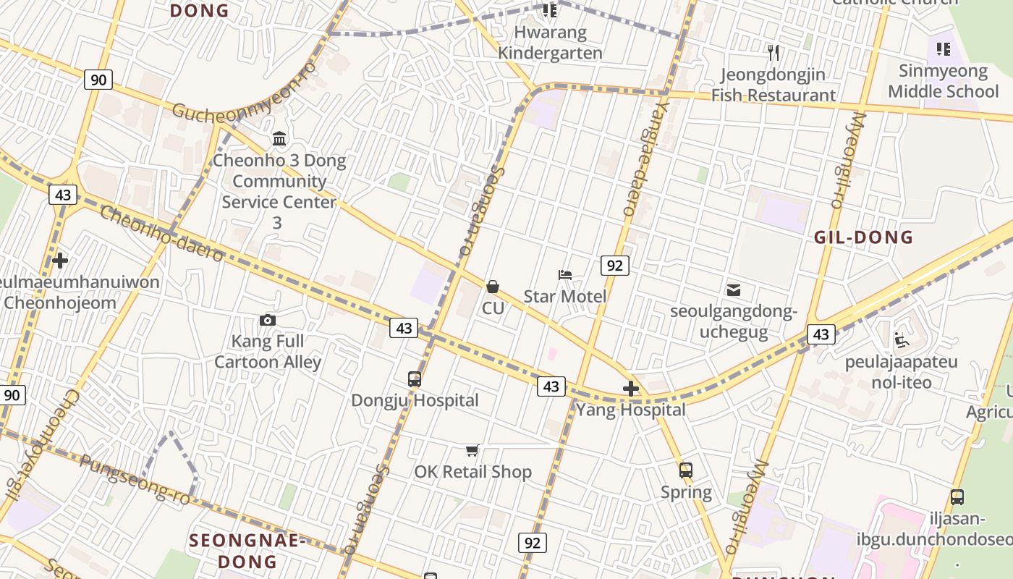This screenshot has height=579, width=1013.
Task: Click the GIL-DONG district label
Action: (x=863, y=237)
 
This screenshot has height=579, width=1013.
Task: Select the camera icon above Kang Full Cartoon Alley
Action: (x=267, y=320)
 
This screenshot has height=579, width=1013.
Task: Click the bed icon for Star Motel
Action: (x=565, y=275)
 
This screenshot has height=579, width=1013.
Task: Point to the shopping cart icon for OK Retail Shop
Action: (x=472, y=451)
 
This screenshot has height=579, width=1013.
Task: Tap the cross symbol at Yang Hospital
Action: (x=631, y=389)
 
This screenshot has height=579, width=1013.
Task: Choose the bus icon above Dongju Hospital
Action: (x=415, y=379)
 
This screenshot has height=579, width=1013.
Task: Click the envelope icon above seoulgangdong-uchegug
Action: (x=734, y=290)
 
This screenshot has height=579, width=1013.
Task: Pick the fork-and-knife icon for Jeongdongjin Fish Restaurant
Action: (x=773, y=52)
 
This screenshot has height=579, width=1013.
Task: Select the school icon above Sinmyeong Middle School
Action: (x=943, y=49)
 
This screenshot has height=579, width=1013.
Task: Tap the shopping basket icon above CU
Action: (x=493, y=287)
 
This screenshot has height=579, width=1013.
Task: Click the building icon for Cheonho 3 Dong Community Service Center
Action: (x=279, y=138)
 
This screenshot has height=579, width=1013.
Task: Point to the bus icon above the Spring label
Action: (x=686, y=470)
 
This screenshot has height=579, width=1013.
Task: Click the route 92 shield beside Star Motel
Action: (x=614, y=266)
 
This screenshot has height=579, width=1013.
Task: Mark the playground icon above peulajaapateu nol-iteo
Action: (x=901, y=339)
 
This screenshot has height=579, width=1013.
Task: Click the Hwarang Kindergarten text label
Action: (x=550, y=43)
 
